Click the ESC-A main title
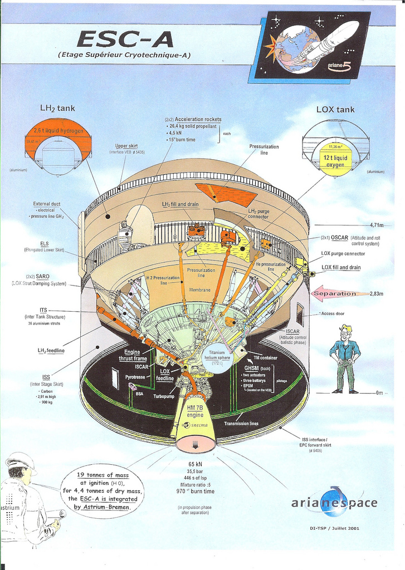pyautogui.click(x=125, y=40)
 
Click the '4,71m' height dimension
pyautogui.click(x=377, y=225)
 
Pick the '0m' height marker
pyautogui.click(x=379, y=393)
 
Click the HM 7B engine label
pyautogui.click(x=195, y=412)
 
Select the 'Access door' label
pyautogui.click(x=333, y=314)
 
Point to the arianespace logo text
pyautogui.click(x=334, y=503)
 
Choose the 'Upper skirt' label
pyautogui.click(x=126, y=146)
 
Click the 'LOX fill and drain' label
pyautogui.click(x=341, y=267)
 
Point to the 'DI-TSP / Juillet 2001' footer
pyautogui.click(x=334, y=528)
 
